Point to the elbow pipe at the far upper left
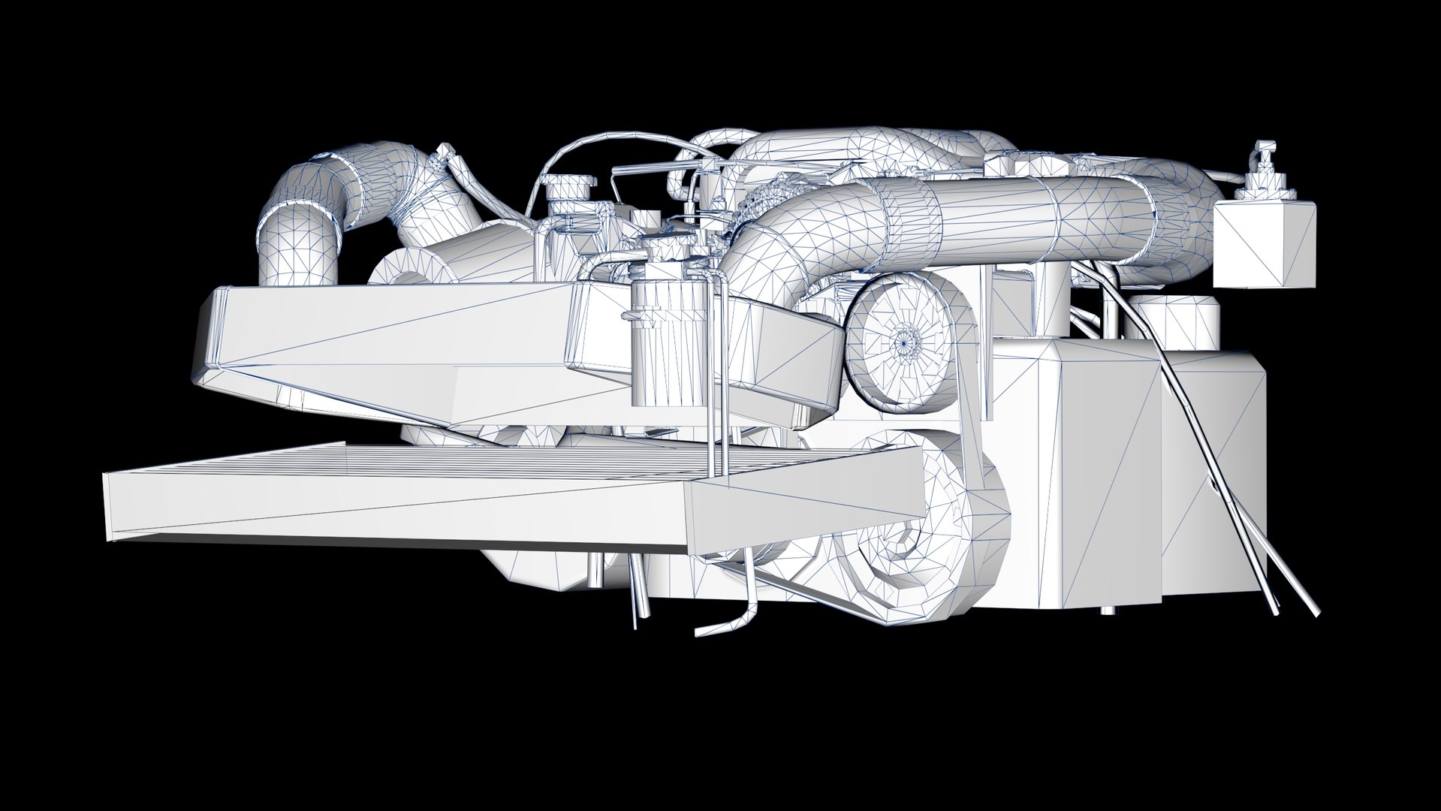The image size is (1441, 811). pos(300,225)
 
